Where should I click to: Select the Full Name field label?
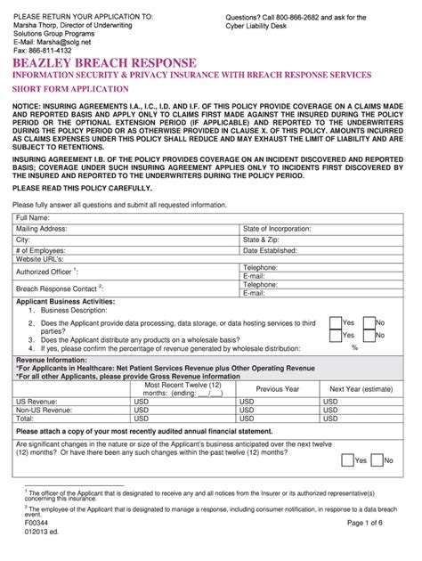click(x=33, y=218)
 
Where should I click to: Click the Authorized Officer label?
click(x=48, y=271)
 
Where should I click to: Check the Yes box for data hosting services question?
click(x=336, y=322)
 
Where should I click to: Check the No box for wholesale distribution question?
click(x=369, y=336)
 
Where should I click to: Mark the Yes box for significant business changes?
click(x=347, y=460)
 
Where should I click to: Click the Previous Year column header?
click(x=278, y=389)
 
